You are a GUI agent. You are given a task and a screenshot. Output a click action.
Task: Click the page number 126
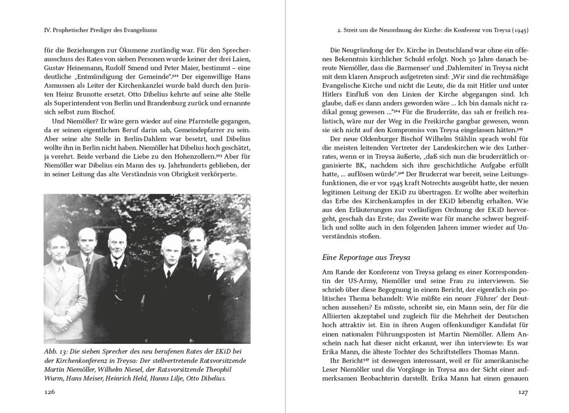pos(50,393)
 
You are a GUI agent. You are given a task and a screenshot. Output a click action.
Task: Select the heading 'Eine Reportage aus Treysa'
pos(366,257)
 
